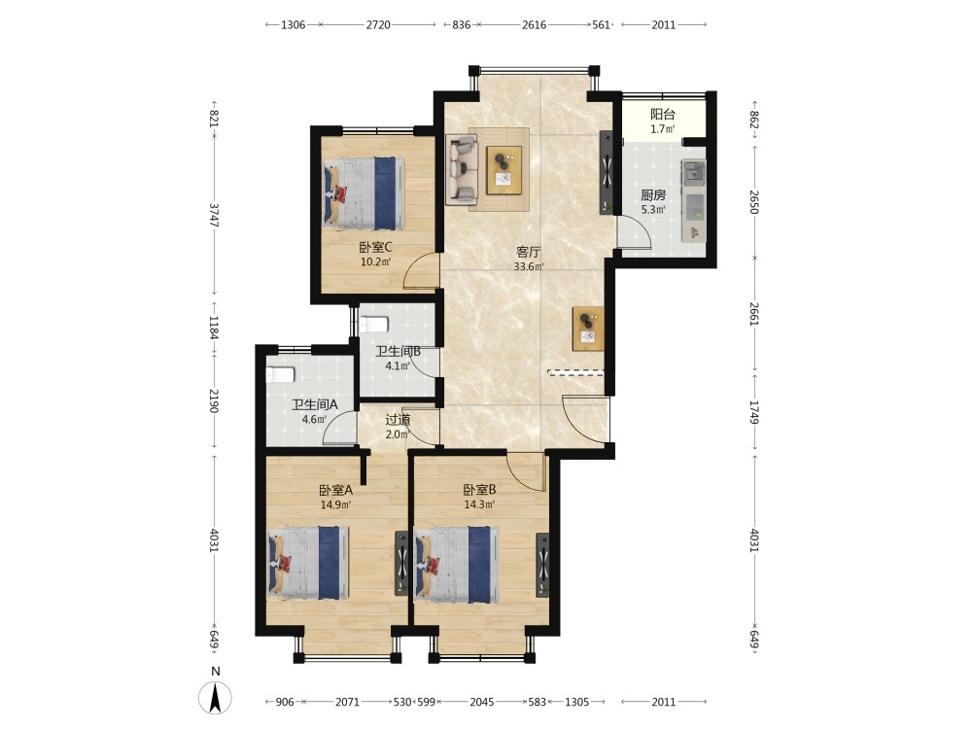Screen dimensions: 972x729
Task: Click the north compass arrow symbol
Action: [x=215, y=697]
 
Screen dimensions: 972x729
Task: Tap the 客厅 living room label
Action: [x=528, y=253]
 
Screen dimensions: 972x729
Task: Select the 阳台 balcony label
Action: [x=662, y=114]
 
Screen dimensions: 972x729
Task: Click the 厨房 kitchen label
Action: [x=653, y=194]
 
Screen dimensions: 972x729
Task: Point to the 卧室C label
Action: [x=375, y=247]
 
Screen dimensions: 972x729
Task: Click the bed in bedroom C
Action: [x=364, y=192]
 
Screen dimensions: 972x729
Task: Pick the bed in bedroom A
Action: [x=308, y=563]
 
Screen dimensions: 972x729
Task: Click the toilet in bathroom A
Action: [x=280, y=375]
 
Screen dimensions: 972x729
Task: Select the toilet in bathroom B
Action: [x=374, y=325]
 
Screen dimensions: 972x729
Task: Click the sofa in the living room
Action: [x=462, y=170]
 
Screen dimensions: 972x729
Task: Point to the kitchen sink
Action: [x=693, y=171]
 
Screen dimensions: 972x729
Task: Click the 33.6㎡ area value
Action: [x=529, y=267]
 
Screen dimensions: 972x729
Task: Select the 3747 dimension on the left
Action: [x=214, y=215]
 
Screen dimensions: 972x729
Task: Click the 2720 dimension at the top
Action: [x=378, y=25]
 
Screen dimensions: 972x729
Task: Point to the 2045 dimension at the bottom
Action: [x=482, y=702]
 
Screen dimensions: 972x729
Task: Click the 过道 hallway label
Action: [x=398, y=420]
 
